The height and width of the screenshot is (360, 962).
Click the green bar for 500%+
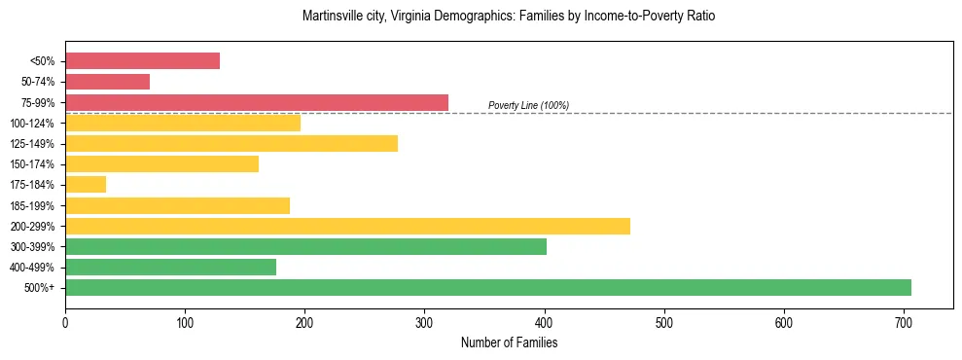[487, 288]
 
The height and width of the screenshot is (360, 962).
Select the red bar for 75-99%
[257, 102]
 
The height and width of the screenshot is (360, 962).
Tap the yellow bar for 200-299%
[347, 227]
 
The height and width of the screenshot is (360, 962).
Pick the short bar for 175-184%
[86, 185]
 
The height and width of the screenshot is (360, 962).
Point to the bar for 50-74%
[107, 82]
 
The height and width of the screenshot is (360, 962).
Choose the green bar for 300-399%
[305, 247]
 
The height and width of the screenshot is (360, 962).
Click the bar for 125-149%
[232, 144]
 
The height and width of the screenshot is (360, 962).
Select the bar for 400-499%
[170, 268]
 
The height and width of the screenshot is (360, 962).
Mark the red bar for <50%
[142, 61]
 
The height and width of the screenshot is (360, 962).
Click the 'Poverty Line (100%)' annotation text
[528, 105]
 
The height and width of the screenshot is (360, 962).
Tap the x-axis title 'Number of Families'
[509, 343]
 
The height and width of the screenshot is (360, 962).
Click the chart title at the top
[509, 17]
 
